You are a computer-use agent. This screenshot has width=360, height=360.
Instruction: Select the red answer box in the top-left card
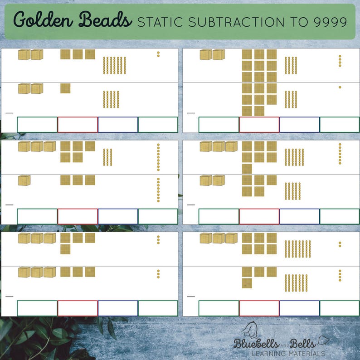[x=78, y=125]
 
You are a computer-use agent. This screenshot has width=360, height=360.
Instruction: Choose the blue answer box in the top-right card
[x=299, y=125]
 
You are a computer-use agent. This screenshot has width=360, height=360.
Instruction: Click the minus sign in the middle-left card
[x=10, y=204]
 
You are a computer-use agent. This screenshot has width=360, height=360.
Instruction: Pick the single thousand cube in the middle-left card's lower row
[x=24, y=180]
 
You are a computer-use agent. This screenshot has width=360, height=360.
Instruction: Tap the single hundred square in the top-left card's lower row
[x=65, y=88]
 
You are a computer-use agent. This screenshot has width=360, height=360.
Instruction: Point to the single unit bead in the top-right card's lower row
[x=340, y=87]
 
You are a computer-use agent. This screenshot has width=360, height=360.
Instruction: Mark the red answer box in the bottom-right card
[x=259, y=308]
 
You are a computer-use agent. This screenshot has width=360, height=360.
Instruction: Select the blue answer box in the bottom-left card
[x=118, y=308]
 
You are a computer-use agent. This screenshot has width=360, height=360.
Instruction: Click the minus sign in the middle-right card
[x=191, y=204]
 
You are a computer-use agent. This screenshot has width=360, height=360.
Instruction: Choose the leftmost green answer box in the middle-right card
[x=219, y=216]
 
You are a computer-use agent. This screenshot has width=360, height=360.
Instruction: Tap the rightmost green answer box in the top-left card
[x=158, y=125]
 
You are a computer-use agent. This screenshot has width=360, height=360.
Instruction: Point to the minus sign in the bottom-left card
[x=10, y=297]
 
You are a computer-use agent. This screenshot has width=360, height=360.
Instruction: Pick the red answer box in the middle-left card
[x=78, y=216]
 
